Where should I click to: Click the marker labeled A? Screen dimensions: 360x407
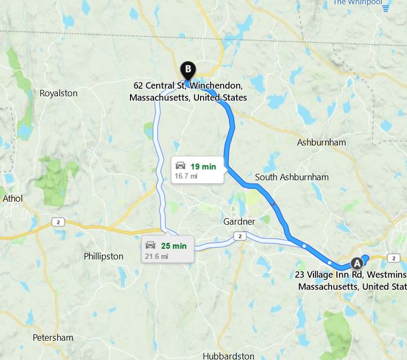(356, 263)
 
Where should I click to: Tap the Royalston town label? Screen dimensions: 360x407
(58, 93)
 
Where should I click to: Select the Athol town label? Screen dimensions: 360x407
(13, 198)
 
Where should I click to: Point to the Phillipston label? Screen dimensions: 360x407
(103, 256)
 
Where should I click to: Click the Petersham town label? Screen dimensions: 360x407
(53, 338)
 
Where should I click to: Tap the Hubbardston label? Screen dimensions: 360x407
(228, 356)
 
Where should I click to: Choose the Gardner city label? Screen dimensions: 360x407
(239, 221)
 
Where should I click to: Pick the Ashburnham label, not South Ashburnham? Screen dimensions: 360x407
(321, 142)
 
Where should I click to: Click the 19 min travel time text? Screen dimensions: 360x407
(203, 166)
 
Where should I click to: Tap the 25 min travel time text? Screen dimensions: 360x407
(174, 246)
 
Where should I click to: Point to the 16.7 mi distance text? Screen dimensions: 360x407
(186, 175)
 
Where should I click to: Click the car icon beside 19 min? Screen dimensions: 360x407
(181, 166)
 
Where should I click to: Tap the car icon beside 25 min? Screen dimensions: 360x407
(151, 246)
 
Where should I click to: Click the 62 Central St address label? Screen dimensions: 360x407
(188, 91)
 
